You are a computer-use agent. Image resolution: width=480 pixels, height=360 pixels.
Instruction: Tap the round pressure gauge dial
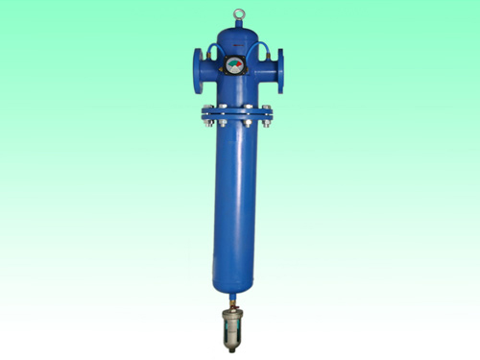pyautogui.click(x=235, y=66)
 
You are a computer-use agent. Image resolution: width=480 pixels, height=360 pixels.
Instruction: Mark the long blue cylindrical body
pyautogui.click(x=236, y=192)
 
